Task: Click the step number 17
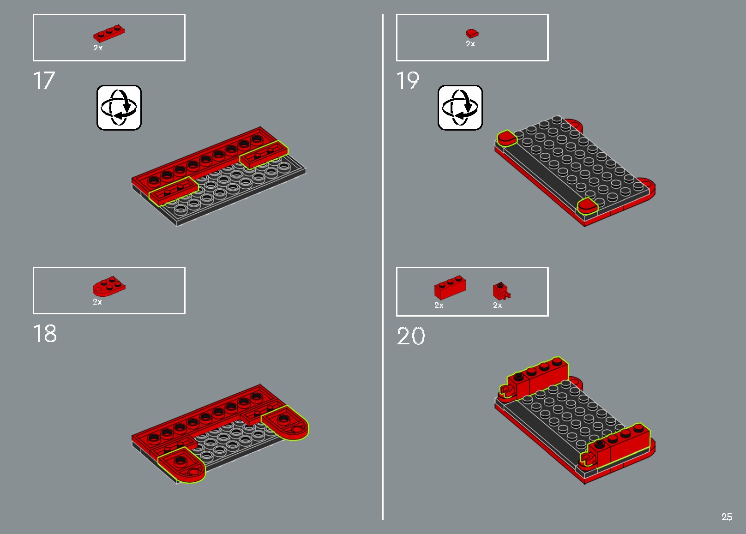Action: coord(44,81)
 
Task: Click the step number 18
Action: coord(45,333)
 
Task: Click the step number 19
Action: coord(408,81)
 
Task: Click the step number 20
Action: coord(411,336)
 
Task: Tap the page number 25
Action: coord(727,517)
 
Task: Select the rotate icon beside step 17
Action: coord(119,108)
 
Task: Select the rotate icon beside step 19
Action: coord(460,108)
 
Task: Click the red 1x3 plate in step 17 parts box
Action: coord(109,34)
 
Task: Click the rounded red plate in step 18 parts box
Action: coord(109,287)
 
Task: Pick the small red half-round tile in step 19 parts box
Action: coord(472,34)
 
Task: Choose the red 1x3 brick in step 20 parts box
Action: coord(450,288)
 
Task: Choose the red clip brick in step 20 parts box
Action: coord(501,291)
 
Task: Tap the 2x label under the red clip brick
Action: coord(497,305)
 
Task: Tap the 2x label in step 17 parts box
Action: coord(98,48)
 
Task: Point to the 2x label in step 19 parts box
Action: coord(470,43)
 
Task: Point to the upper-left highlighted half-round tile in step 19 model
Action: coord(506,138)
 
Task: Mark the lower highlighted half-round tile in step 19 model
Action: coord(588,206)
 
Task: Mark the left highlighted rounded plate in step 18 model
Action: coord(181,465)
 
